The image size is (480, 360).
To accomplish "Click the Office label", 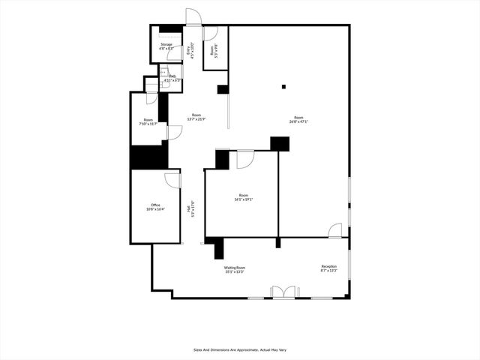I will [x=155, y=206].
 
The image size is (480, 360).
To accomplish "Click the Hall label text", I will [x=192, y=209].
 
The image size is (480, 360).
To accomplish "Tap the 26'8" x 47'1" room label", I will [x=298, y=119].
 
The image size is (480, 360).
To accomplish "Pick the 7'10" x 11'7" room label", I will [x=148, y=121].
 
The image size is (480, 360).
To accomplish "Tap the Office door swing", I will [x=173, y=181].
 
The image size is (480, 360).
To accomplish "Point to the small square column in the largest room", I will [x=283, y=87].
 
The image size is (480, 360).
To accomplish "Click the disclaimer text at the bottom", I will [x=239, y=349].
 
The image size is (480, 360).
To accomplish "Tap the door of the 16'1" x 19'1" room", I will [x=245, y=159].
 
